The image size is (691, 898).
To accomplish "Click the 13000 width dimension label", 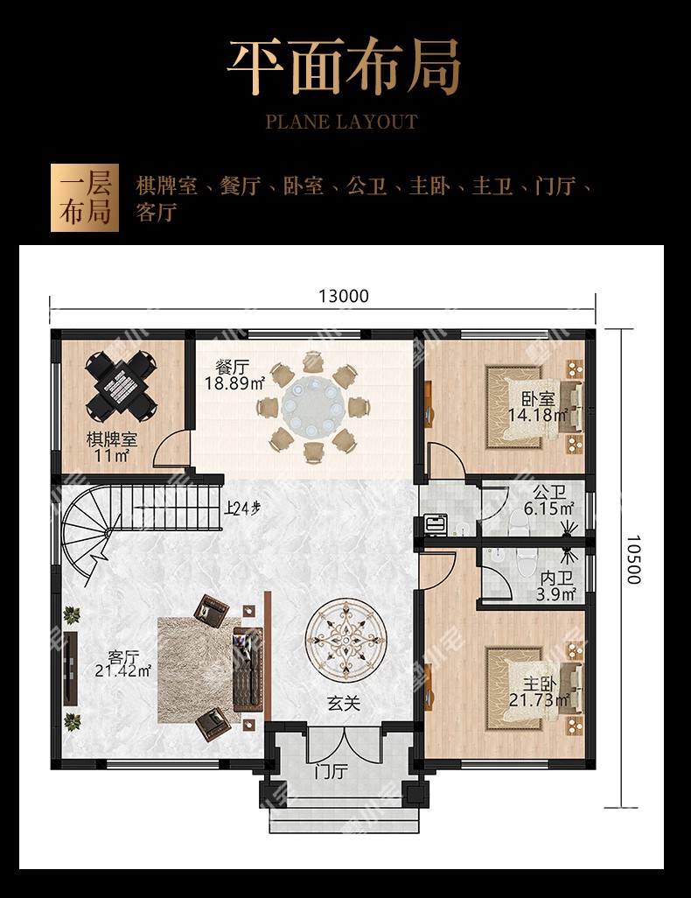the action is pos(344,296).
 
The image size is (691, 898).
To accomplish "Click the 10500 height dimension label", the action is pos(632,559).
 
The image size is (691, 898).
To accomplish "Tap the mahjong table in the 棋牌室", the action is pos(121,385).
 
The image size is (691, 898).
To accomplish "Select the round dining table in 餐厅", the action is pos(312,407).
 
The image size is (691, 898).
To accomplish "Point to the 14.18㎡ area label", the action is pos(538,415).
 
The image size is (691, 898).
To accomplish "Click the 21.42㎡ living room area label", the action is pos(122,670).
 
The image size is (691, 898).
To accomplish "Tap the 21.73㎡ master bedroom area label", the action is pos(539,700).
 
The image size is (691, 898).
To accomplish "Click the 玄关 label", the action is pos(344,704).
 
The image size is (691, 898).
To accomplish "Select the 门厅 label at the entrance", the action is pos(331,772).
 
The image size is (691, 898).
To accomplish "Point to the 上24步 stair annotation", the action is pos(242,508).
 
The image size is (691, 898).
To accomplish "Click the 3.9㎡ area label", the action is pos(556,594).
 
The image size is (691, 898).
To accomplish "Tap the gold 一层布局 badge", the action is pos(85,198).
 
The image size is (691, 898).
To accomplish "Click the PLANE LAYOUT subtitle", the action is pos(342,122).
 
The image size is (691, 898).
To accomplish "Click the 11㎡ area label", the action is pos(112,456).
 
